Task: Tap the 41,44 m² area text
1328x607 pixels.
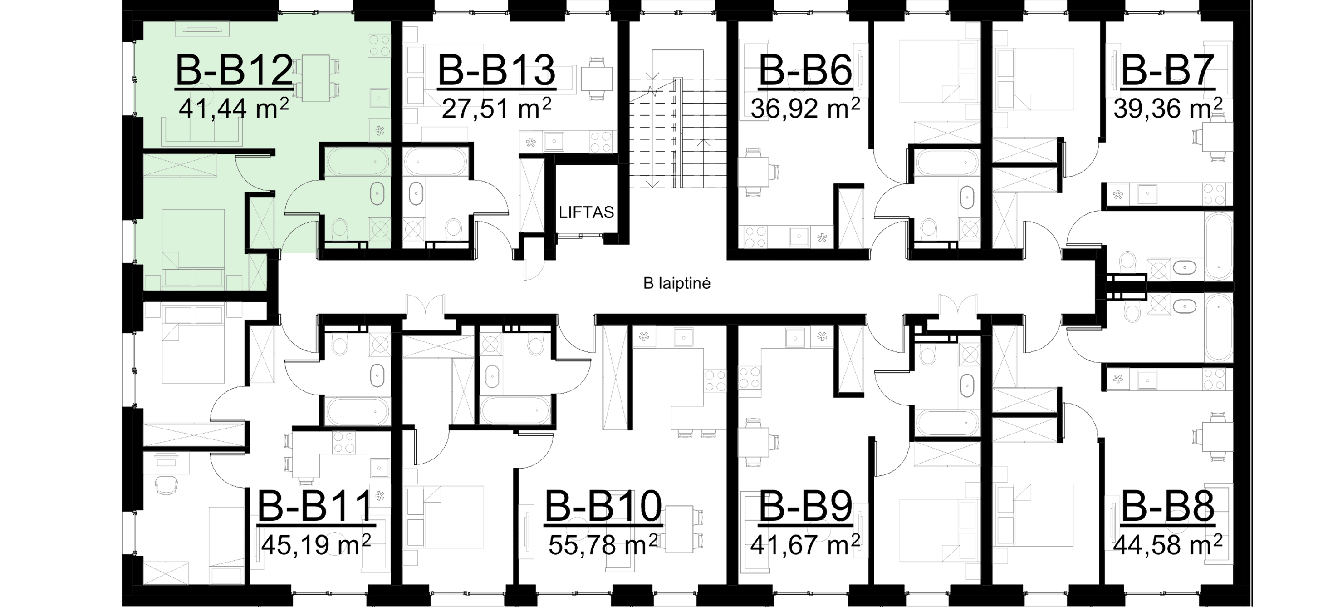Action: (233, 109)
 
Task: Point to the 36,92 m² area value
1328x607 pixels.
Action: (805, 109)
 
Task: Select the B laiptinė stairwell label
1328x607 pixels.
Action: (677, 283)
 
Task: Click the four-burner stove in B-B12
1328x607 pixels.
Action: (379, 45)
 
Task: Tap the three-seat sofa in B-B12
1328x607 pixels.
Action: (201, 130)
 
